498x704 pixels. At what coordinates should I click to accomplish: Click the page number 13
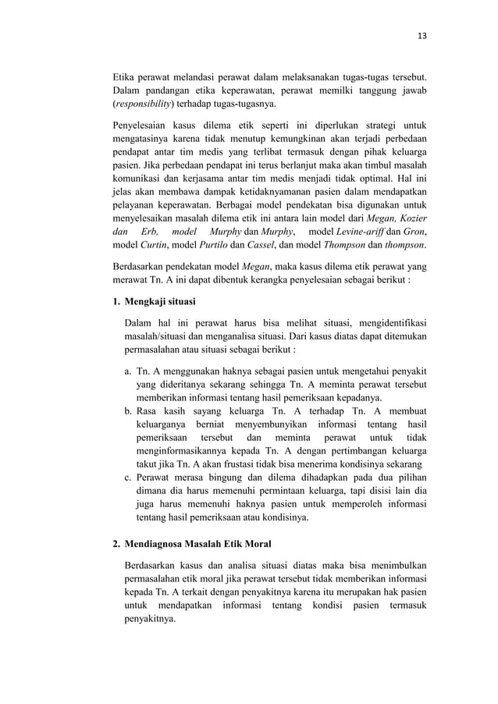coord(422,34)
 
